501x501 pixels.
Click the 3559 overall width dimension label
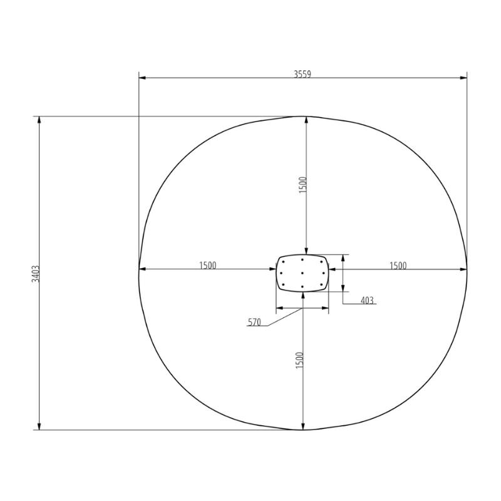302,74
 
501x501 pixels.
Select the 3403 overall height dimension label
36,274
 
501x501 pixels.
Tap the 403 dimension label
367,301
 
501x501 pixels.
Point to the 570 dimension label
254,323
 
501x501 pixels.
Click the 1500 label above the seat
302,185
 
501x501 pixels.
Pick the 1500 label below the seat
299,360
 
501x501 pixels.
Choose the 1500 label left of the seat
208,266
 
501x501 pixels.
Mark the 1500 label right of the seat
398,266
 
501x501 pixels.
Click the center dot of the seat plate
302,273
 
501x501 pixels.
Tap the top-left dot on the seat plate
284,262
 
